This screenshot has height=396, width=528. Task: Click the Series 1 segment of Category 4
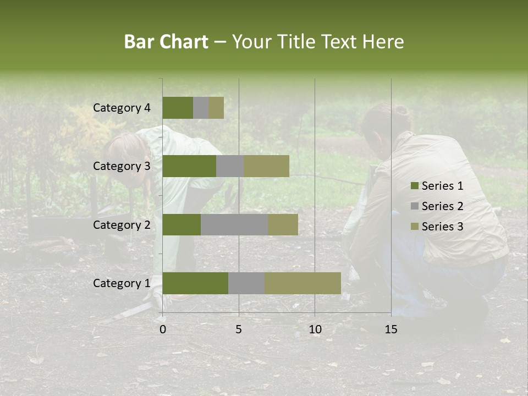(x=178, y=108)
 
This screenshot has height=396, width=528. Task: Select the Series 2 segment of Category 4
(x=201, y=108)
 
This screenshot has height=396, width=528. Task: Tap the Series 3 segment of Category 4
(x=216, y=108)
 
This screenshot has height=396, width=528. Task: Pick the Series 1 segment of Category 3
(x=189, y=166)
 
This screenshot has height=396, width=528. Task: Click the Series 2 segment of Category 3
(x=230, y=166)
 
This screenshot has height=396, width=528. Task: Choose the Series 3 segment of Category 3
(x=266, y=166)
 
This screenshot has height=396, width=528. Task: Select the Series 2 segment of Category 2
(x=234, y=224)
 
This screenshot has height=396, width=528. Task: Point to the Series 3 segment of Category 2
(x=283, y=224)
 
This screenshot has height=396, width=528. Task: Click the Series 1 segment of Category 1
(x=195, y=283)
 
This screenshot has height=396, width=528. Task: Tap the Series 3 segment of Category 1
(x=302, y=283)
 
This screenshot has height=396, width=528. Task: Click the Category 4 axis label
(x=122, y=108)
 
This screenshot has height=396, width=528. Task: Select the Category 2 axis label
(x=122, y=224)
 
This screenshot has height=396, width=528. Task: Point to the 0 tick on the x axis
(x=163, y=329)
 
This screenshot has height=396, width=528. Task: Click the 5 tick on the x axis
(x=239, y=329)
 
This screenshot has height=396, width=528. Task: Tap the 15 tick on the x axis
(x=391, y=329)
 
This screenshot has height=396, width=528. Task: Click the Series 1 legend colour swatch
(x=414, y=186)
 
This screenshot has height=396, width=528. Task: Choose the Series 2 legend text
(x=442, y=206)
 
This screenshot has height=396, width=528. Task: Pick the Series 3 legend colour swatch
(x=414, y=227)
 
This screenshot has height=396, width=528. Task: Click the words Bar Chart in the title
(x=166, y=42)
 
